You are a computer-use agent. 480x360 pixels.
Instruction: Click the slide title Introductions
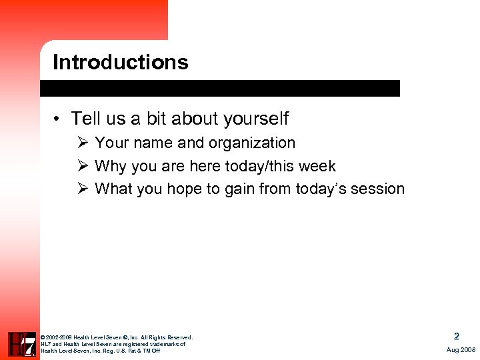(121, 62)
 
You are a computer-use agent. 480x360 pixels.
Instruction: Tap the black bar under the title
(220, 88)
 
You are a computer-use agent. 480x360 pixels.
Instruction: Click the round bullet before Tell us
(59, 119)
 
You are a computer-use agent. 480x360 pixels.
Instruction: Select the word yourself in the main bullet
(256, 119)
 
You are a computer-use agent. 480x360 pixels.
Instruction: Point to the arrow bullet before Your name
(82, 143)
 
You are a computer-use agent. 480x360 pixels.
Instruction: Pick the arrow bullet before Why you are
(82, 166)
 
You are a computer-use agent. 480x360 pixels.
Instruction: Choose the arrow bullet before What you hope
(82, 189)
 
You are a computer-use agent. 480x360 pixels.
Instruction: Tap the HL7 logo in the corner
(22, 344)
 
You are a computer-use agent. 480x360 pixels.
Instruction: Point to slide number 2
(457, 337)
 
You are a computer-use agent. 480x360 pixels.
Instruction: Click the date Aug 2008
(460, 349)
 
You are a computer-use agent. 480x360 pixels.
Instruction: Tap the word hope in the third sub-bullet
(184, 189)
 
